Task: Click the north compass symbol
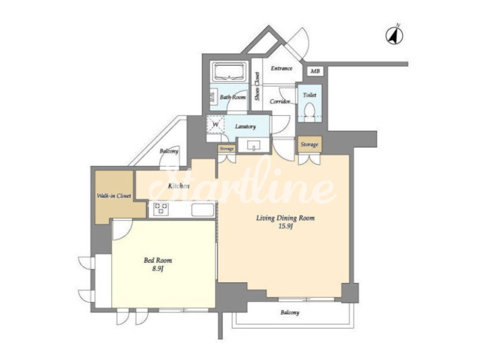point(394,35)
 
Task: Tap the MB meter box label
point(315,72)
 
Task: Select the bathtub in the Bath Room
point(228,72)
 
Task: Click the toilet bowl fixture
point(310,110)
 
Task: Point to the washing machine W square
point(216,124)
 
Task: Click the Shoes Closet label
point(257,86)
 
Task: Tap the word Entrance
point(282,69)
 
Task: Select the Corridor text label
point(280,101)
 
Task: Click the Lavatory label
point(245,126)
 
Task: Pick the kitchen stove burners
point(161,209)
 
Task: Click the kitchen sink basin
point(203,210)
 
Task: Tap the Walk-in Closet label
point(114,196)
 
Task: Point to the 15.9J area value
point(286,226)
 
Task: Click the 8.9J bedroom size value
point(157,269)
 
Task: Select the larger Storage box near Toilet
point(310,144)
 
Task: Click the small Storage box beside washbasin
point(227,149)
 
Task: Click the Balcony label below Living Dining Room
point(290,313)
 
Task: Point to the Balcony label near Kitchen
point(169,151)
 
